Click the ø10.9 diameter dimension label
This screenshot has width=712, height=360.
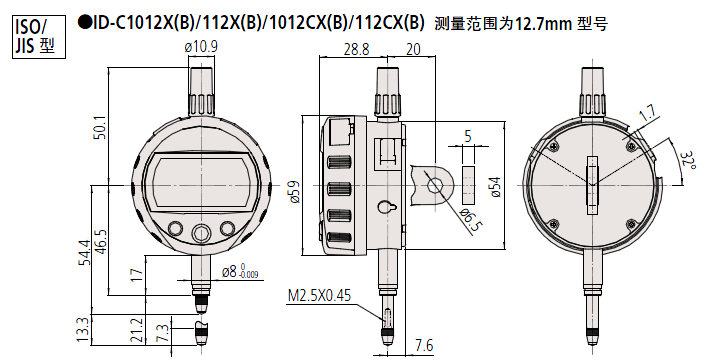click(201, 48)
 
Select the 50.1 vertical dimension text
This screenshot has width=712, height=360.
click(100, 127)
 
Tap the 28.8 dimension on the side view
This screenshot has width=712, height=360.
click(356, 49)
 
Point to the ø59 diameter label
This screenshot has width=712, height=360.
click(294, 193)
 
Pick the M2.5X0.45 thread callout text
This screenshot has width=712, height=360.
click(320, 296)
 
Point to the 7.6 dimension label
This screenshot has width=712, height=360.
click(423, 346)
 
